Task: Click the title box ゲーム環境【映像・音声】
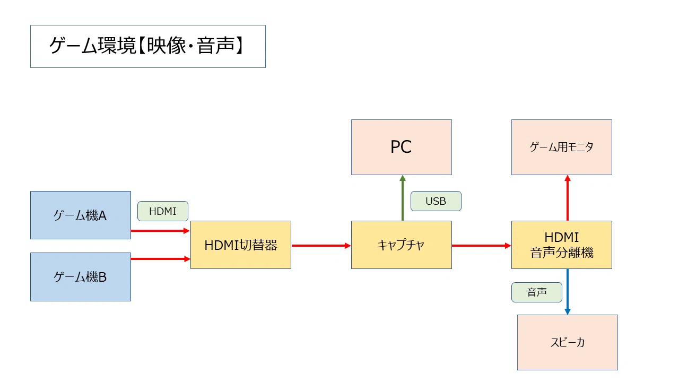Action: point(148,46)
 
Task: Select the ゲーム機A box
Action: point(81,215)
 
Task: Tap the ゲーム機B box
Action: point(81,277)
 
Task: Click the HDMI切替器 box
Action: point(241,245)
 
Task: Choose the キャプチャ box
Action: point(402,245)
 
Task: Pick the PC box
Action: point(402,147)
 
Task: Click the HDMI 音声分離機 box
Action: point(562,245)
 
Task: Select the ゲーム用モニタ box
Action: point(562,147)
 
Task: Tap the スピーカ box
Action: point(568,342)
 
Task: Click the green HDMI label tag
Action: point(163,211)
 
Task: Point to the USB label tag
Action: point(436,201)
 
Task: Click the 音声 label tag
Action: point(536,292)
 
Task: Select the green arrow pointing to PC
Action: point(403,198)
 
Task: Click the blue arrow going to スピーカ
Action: point(568,292)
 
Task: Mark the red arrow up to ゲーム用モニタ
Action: point(568,198)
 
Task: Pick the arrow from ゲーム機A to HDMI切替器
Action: point(160,231)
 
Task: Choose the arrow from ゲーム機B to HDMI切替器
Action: point(160,258)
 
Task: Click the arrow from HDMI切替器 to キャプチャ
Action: point(321,246)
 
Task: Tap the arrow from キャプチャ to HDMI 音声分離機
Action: point(481,246)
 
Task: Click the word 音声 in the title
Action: point(215,46)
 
